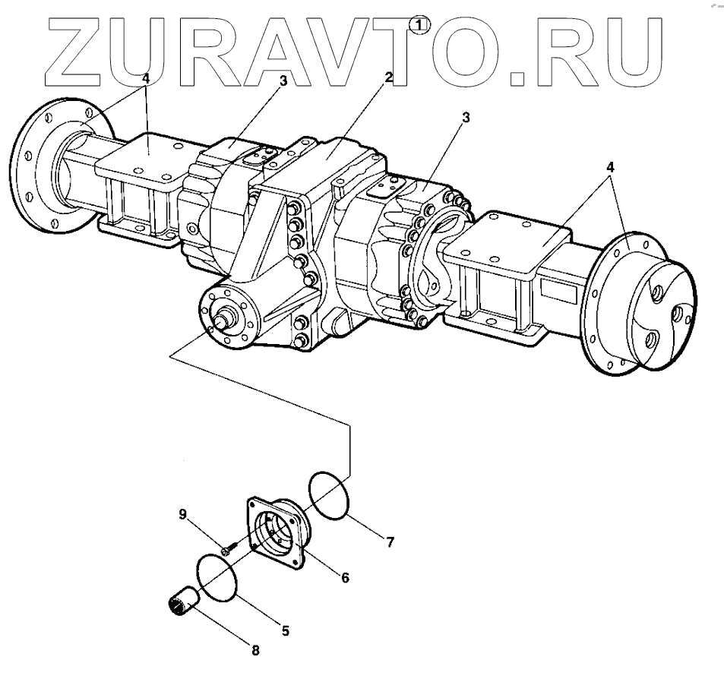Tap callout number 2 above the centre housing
[389, 77]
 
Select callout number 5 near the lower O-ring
[286, 630]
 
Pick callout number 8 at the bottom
[255, 650]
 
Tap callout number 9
[182, 514]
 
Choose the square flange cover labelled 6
[277, 532]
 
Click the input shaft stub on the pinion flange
[224, 320]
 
